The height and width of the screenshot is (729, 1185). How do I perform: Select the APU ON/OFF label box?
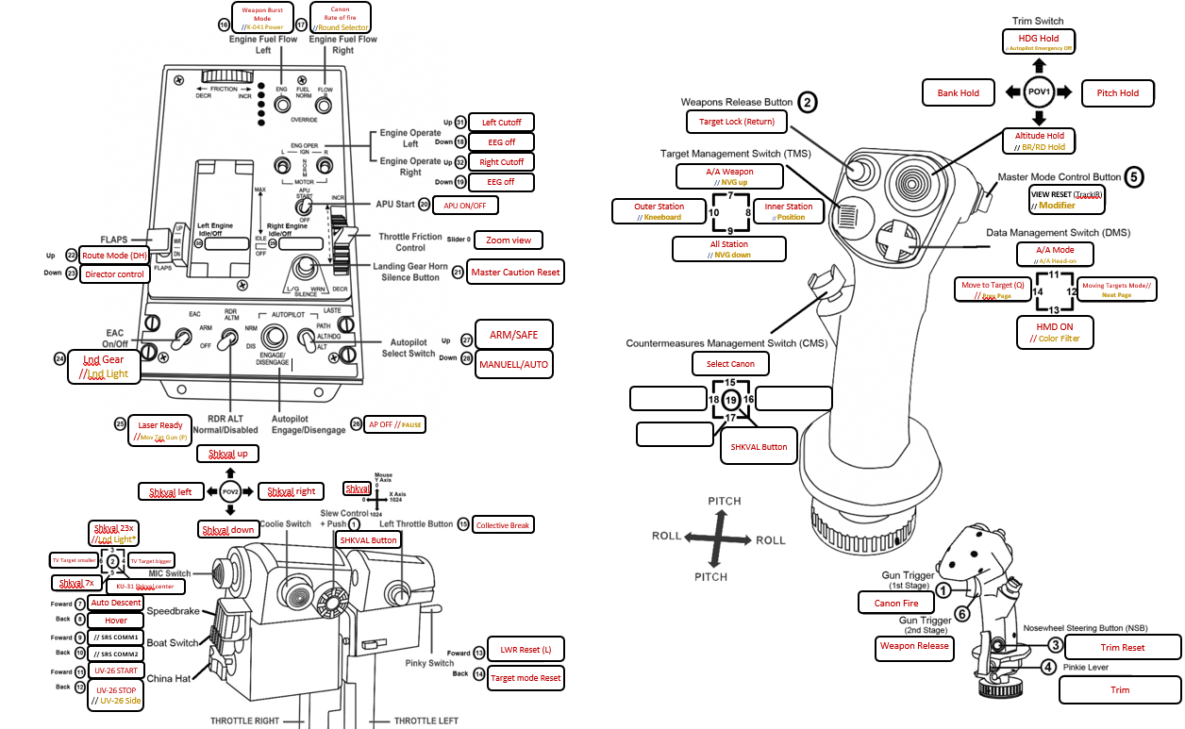pyautogui.click(x=465, y=205)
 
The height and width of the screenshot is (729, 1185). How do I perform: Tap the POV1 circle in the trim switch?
pyautogui.click(x=1039, y=91)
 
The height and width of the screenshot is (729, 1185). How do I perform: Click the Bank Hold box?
pyautogui.click(x=959, y=93)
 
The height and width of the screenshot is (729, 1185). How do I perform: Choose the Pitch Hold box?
pyautogui.click(x=1118, y=93)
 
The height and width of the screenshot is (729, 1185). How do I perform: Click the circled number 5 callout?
pyautogui.click(x=1134, y=176)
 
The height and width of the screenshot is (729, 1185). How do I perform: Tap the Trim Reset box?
pyautogui.click(x=1123, y=648)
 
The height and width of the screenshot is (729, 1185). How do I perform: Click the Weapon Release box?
pyautogui.click(x=913, y=647)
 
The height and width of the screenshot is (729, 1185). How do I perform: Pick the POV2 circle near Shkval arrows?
pyautogui.click(x=230, y=490)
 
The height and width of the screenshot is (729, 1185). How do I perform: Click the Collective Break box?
pyautogui.click(x=504, y=525)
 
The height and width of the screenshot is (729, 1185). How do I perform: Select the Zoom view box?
pyautogui.click(x=509, y=240)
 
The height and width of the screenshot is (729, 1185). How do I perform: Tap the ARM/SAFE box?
pyautogui.click(x=514, y=334)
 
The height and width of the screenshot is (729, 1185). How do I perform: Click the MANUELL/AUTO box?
pyautogui.click(x=514, y=362)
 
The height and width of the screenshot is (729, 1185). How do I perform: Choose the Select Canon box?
pyautogui.click(x=730, y=363)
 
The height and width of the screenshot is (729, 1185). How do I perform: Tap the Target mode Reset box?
pyautogui.click(x=526, y=677)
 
